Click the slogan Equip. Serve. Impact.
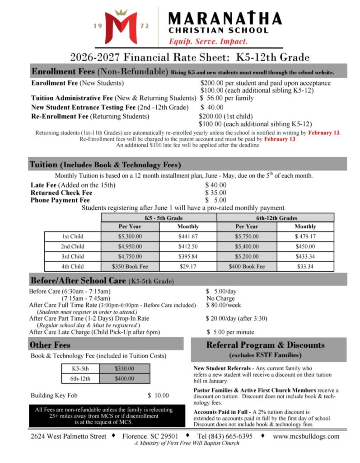click(208, 41)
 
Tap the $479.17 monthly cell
click(305, 236)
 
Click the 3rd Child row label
click(73, 256)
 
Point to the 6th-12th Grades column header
click(276, 217)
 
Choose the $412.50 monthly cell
click(188, 246)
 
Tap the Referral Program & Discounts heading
click(265, 345)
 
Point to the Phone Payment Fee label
click(60, 200)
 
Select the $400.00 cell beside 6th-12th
click(125, 378)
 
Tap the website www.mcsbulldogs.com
click(306, 436)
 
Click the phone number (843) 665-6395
click(229, 436)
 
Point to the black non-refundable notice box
click(104, 416)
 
